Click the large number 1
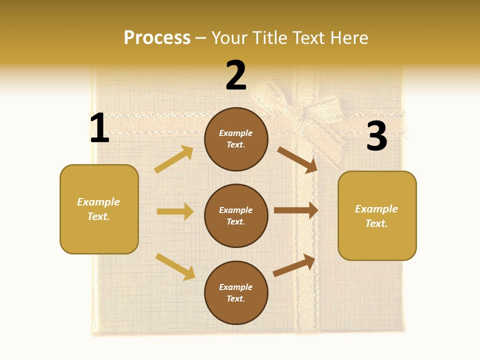click(99, 128)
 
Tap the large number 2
click(236, 75)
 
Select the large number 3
click(376, 136)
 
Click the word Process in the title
click(157, 37)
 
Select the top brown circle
click(236, 139)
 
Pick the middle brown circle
click(236, 215)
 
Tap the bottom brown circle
click(236, 292)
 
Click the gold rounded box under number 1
click(99, 209)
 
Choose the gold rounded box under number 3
click(377, 215)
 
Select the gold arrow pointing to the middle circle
click(175, 211)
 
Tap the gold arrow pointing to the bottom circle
click(175, 266)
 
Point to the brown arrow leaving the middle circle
click(296, 210)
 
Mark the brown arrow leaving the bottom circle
click(294, 265)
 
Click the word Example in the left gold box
click(98, 202)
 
